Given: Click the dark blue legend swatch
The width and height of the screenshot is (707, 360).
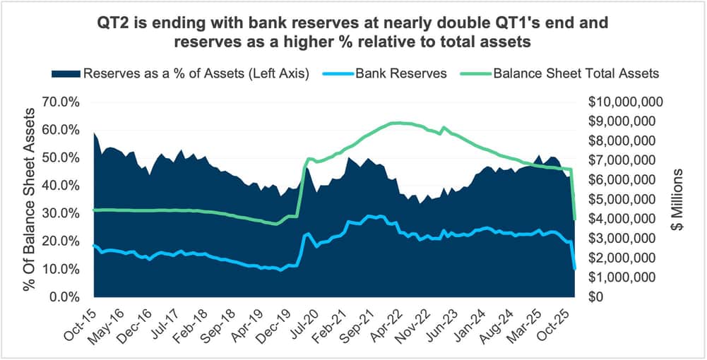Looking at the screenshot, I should pyautogui.click(x=64, y=73).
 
